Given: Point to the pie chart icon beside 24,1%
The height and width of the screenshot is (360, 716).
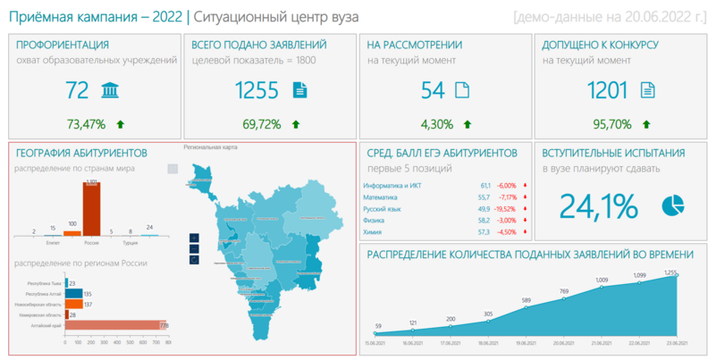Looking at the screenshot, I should tap(672, 205).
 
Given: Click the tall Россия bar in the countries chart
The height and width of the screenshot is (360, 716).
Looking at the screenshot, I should tap(91, 208).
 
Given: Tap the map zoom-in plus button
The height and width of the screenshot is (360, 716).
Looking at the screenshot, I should tap(194, 238).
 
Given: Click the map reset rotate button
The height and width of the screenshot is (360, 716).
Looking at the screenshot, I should tap(194, 259).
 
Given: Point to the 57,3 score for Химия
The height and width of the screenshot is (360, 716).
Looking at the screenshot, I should tap(484, 232).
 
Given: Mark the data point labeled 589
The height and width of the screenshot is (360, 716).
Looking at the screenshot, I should tap(526, 308).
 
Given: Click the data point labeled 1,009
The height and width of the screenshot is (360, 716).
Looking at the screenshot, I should tap(602, 287).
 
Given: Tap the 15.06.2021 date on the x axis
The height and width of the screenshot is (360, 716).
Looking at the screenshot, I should tap(376, 342).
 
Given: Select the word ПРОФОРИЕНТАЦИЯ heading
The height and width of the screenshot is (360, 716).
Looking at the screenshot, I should tap(63, 45).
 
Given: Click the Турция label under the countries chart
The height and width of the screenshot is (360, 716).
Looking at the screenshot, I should tap(131, 242).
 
